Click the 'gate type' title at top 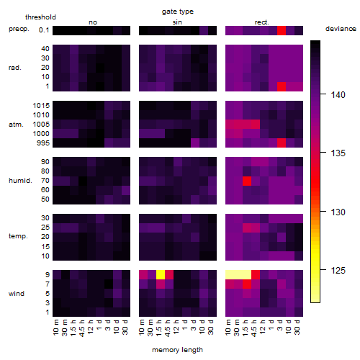[178, 12]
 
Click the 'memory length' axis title [178, 350]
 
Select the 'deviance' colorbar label [341, 29]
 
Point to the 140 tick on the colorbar [323, 94]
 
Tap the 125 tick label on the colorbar [338, 271]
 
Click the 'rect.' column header [262, 22]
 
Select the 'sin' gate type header [177, 22]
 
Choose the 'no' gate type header [93, 22]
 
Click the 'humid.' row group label [20, 181]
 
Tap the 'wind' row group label [17, 294]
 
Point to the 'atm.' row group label [16, 125]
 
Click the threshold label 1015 [41, 106]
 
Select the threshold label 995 [43, 143]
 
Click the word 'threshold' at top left [40, 17]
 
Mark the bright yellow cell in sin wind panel [161, 275]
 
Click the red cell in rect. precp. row [282, 31]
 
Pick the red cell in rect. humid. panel [247, 181]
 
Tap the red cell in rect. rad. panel [282, 86]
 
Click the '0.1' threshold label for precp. [44, 30]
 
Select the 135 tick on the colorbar [323, 152]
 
